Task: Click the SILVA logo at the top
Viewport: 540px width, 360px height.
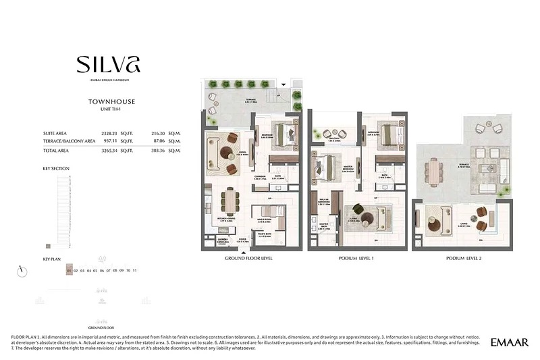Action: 108,64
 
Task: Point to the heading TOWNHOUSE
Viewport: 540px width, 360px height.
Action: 112,102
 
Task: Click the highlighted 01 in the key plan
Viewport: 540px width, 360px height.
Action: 69,270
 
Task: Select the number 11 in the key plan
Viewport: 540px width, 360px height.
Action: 135,270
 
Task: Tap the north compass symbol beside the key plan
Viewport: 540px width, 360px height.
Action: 23,270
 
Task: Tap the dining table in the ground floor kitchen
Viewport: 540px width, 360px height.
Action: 231,199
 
